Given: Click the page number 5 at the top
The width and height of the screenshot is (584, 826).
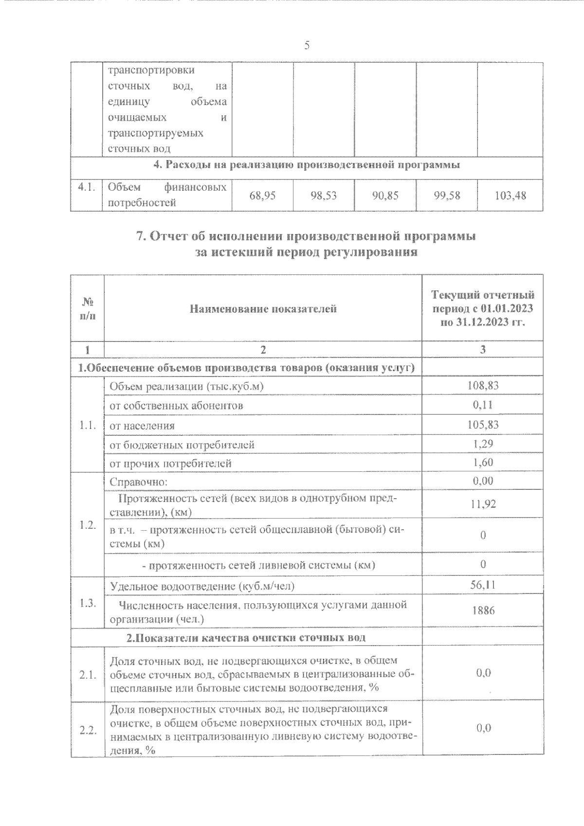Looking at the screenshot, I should coord(307,46).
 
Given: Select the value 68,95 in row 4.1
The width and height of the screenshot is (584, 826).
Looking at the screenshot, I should coord(263,196).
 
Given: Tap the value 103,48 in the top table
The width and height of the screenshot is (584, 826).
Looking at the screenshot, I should coord(510,196).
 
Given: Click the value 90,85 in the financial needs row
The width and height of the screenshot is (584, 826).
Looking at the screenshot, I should coord(385,196).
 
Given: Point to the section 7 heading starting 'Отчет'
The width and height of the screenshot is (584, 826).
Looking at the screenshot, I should coord(306,237).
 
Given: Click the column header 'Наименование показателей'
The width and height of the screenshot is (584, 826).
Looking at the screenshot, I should coord(263,308).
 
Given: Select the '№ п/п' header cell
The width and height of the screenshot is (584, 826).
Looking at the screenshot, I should coord(87,308).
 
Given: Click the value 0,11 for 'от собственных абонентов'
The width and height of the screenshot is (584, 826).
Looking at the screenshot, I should coord(483,405).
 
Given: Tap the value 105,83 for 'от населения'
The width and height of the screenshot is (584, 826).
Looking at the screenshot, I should coord(483,425).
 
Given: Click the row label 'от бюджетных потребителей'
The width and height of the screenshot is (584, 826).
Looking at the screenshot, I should coord(182,444).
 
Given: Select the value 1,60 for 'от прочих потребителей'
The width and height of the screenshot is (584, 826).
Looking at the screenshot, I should coord(483,463).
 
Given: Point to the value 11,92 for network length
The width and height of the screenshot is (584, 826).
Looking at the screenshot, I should coord(483,504).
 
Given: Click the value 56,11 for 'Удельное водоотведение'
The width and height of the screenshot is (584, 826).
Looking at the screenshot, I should coord(483,585).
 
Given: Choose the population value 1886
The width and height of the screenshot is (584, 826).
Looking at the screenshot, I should coord(483,610).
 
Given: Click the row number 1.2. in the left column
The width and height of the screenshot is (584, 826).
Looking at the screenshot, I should coord(88,525).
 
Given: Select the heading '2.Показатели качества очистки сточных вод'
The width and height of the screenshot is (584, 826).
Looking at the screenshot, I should coord(246,638).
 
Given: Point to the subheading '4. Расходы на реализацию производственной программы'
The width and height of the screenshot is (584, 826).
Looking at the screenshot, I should coord(307,165).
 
